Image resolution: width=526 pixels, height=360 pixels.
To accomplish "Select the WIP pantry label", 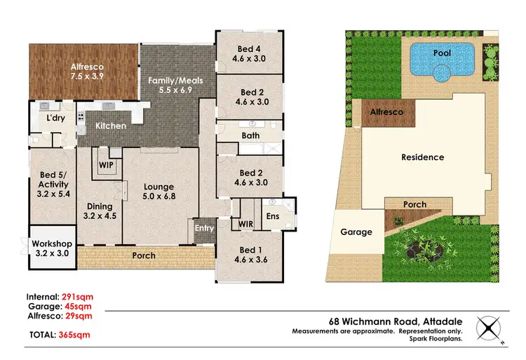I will [x=106, y=165].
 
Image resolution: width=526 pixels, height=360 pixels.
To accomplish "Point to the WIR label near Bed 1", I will [x=245, y=224].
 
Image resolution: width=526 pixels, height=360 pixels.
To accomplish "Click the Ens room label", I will [x=273, y=217].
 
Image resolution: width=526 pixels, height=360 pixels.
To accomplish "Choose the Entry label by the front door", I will [x=204, y=228].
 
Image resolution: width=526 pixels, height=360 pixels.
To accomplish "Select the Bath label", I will [x=250, y=135].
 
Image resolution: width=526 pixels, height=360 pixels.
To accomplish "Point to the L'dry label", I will [x=57, y=119].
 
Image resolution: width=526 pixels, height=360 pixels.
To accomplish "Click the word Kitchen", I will [x=111, y=126].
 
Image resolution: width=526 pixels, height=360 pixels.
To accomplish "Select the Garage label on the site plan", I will [x=356, y=232].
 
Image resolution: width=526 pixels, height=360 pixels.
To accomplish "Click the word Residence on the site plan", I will [x=422, y=157].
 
